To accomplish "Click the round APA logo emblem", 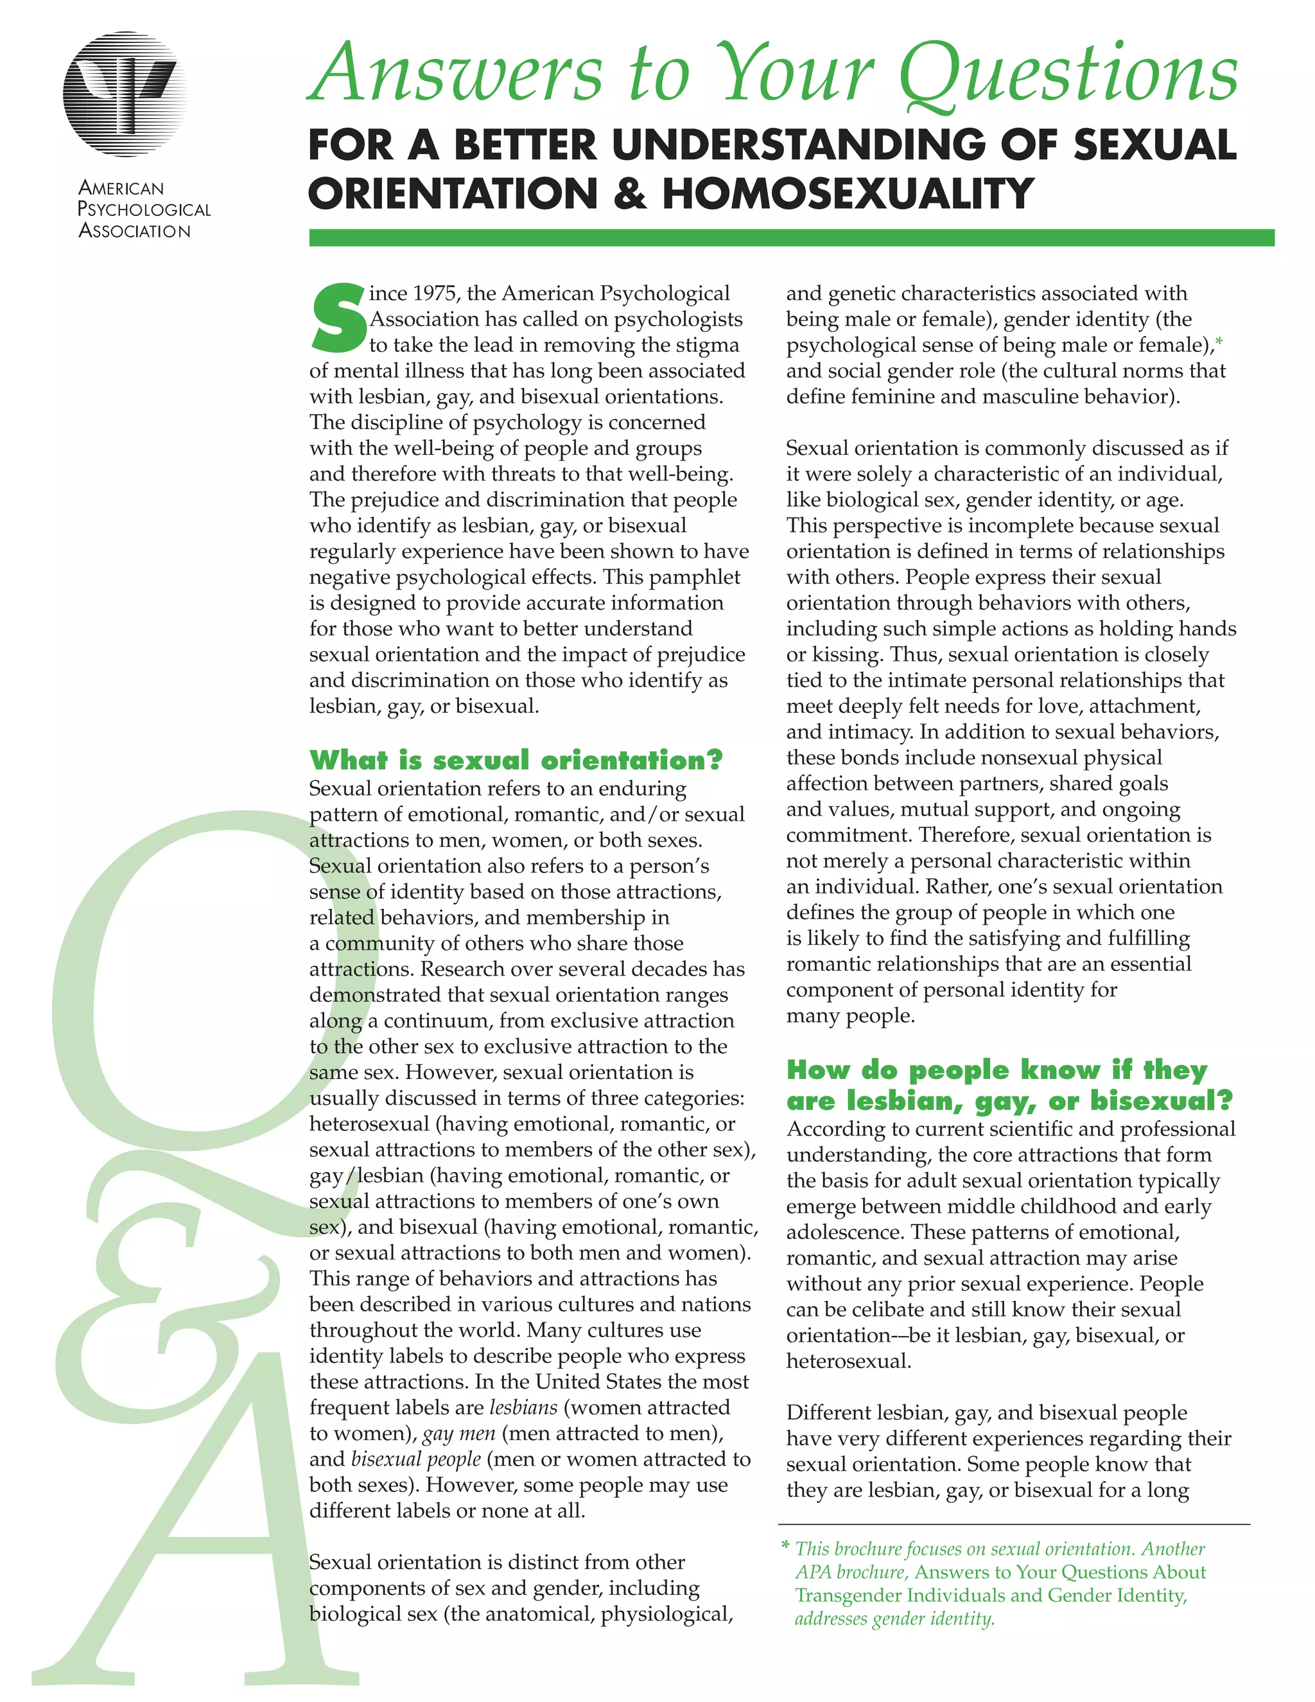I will pyautogui.click(x=125, y=94).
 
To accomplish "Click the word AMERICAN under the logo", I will pyautogui.click(x=121, y=188).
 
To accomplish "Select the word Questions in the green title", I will pyautogui.click(x=1067, y=74).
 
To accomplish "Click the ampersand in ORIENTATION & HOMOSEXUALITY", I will pyautogui.click(x=629, y=193).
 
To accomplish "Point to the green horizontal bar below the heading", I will pyautogui.click(x=790, y=238).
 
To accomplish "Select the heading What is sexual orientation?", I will pyautogui.click(x=516, y=760).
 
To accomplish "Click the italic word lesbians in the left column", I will pyautogui.click(x=523, y=1407).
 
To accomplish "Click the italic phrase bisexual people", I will pyautogui.click(x=415, y=1459).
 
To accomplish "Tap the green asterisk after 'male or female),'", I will pyautogui.click(x=1219, y=341).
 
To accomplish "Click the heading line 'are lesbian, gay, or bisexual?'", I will pyautogui.click(x=1009, y=1100).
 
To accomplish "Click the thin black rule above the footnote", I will pyautogui.click(x=1013, y=1524).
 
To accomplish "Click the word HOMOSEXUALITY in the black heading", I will pyautogui.click(x=848, y=193).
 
